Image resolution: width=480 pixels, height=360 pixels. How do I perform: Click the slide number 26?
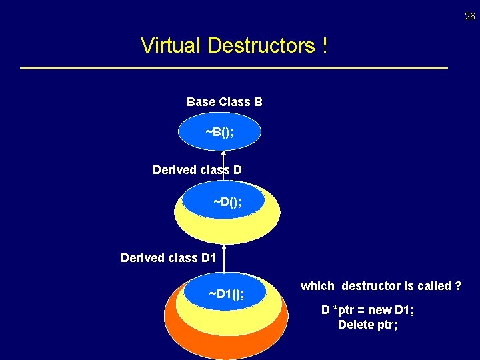(470, 17)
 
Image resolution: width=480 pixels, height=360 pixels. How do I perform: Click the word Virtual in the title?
(171, 46)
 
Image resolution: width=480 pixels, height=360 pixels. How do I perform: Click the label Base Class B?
(224, 102)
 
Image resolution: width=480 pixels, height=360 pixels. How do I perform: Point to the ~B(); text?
(219, 132)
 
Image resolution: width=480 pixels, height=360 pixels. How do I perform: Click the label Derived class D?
(197, 170)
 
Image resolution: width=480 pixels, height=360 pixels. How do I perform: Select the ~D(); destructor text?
(227, 201)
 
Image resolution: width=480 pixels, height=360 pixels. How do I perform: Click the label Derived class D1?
(168, 257)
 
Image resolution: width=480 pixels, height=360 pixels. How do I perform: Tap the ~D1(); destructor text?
(226, 294)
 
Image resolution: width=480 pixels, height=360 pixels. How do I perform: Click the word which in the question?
(317, 286)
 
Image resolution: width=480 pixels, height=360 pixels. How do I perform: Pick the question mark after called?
(458, 286)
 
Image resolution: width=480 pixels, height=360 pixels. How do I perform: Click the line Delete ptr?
(367, 325)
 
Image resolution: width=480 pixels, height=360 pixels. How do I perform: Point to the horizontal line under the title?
(233, 68)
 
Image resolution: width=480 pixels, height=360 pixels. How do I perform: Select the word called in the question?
(434, 286)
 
